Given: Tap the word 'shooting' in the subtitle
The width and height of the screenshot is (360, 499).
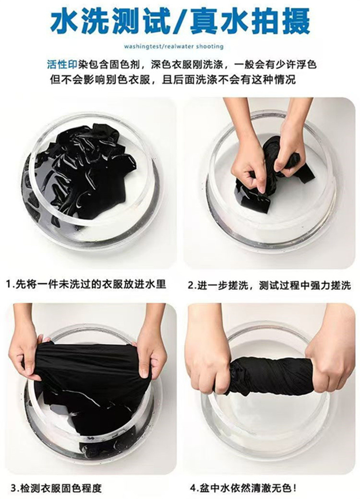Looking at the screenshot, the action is click(210, 46).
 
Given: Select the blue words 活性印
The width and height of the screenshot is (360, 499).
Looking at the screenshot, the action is click(62, 65).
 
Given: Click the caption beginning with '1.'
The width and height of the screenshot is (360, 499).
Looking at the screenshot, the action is click(87, 284).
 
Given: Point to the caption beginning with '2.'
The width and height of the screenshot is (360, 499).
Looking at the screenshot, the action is click(269, 285).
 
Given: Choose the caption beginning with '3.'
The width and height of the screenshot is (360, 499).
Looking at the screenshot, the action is click(56, 488).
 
